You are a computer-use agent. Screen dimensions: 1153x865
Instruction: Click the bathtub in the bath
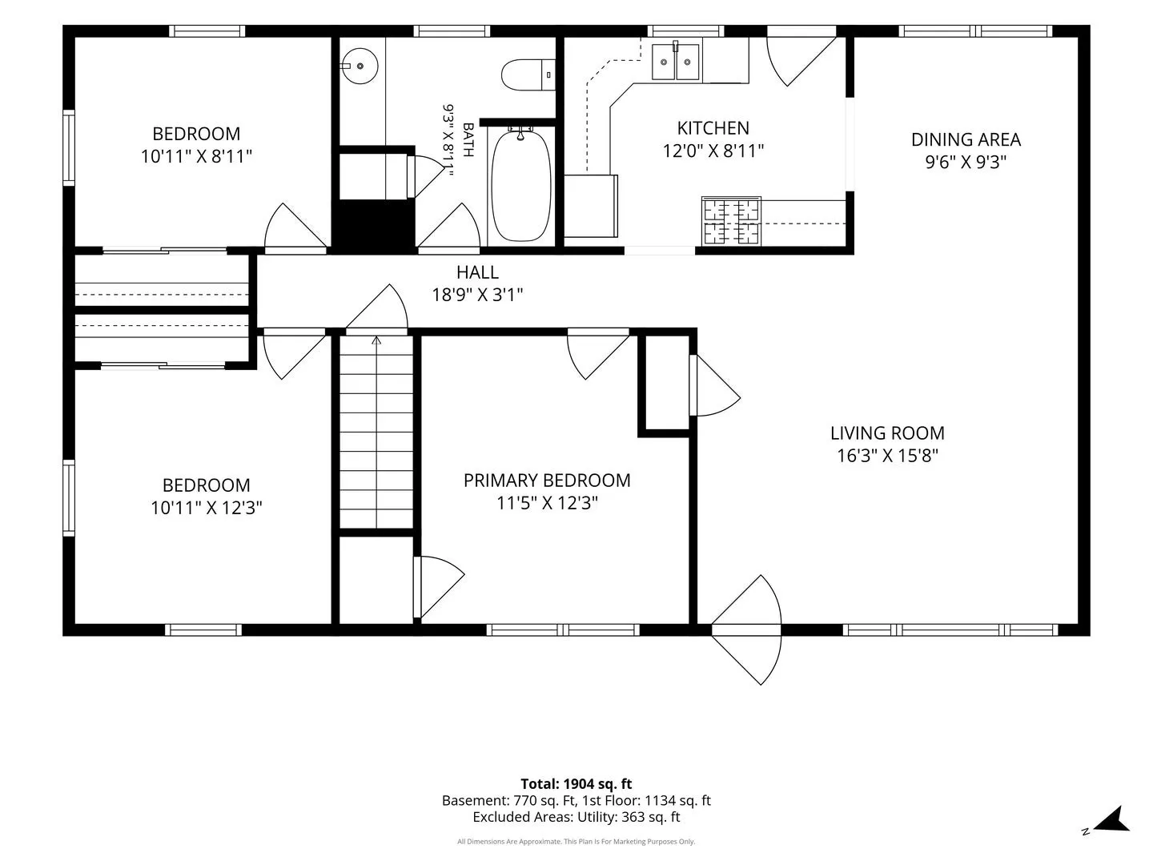point(520,185)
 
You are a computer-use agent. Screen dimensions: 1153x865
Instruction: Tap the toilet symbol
point(528,74)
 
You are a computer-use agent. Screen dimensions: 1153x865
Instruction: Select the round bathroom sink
point(360,66)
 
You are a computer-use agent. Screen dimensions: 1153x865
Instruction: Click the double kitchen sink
point(676,62)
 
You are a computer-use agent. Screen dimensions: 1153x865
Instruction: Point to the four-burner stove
point(731,220)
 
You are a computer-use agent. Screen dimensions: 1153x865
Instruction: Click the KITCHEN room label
point(713,128)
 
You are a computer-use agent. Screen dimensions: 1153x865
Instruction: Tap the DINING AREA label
point(966,139)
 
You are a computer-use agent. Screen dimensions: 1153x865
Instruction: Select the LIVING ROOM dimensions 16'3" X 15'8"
point(887,456)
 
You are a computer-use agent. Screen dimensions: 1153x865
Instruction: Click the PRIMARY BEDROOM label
point(547,481)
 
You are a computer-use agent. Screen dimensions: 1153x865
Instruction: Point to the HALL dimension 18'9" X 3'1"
point(477,295)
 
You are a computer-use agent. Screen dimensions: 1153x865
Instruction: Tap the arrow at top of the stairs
point(376,340)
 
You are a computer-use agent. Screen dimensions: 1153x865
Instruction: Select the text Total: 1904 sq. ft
point(576,783)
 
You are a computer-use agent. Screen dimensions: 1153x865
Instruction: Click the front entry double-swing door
point(746,630)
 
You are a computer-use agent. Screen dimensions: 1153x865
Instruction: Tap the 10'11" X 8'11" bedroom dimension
point(196,156)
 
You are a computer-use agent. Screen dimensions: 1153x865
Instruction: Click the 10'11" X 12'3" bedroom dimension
point(206,508)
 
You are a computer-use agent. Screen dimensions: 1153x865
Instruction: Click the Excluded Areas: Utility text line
point(576,817)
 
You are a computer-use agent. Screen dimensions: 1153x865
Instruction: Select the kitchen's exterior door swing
point(801,58)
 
